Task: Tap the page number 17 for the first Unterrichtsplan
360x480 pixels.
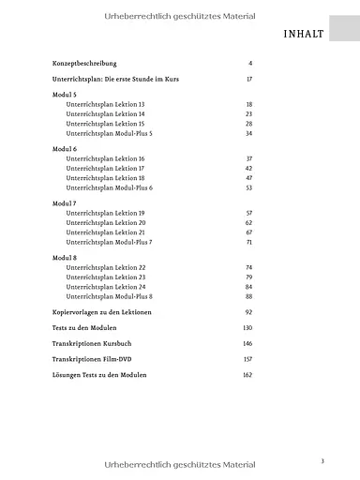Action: coord(249,79)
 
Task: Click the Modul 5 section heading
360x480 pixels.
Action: coord(65,96)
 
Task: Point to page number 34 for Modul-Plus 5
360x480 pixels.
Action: coord(249,133)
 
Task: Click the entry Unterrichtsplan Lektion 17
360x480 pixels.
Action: coord(105,169)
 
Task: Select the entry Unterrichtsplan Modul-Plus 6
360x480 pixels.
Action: coord(109,187)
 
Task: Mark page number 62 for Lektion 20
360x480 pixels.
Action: coord(249,223)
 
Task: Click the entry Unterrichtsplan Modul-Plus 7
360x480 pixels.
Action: coord(109,242)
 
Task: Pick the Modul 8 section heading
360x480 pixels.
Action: coord(65,258)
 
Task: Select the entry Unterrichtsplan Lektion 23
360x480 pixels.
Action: coord(105,277)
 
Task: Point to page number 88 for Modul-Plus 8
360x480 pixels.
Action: coord(249,296)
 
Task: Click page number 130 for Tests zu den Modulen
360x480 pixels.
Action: coord(247,328)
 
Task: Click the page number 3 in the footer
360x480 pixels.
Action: coord(322,460)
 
